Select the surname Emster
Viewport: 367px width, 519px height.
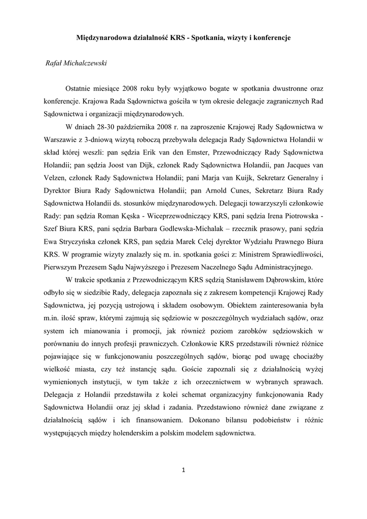(203, 153)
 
